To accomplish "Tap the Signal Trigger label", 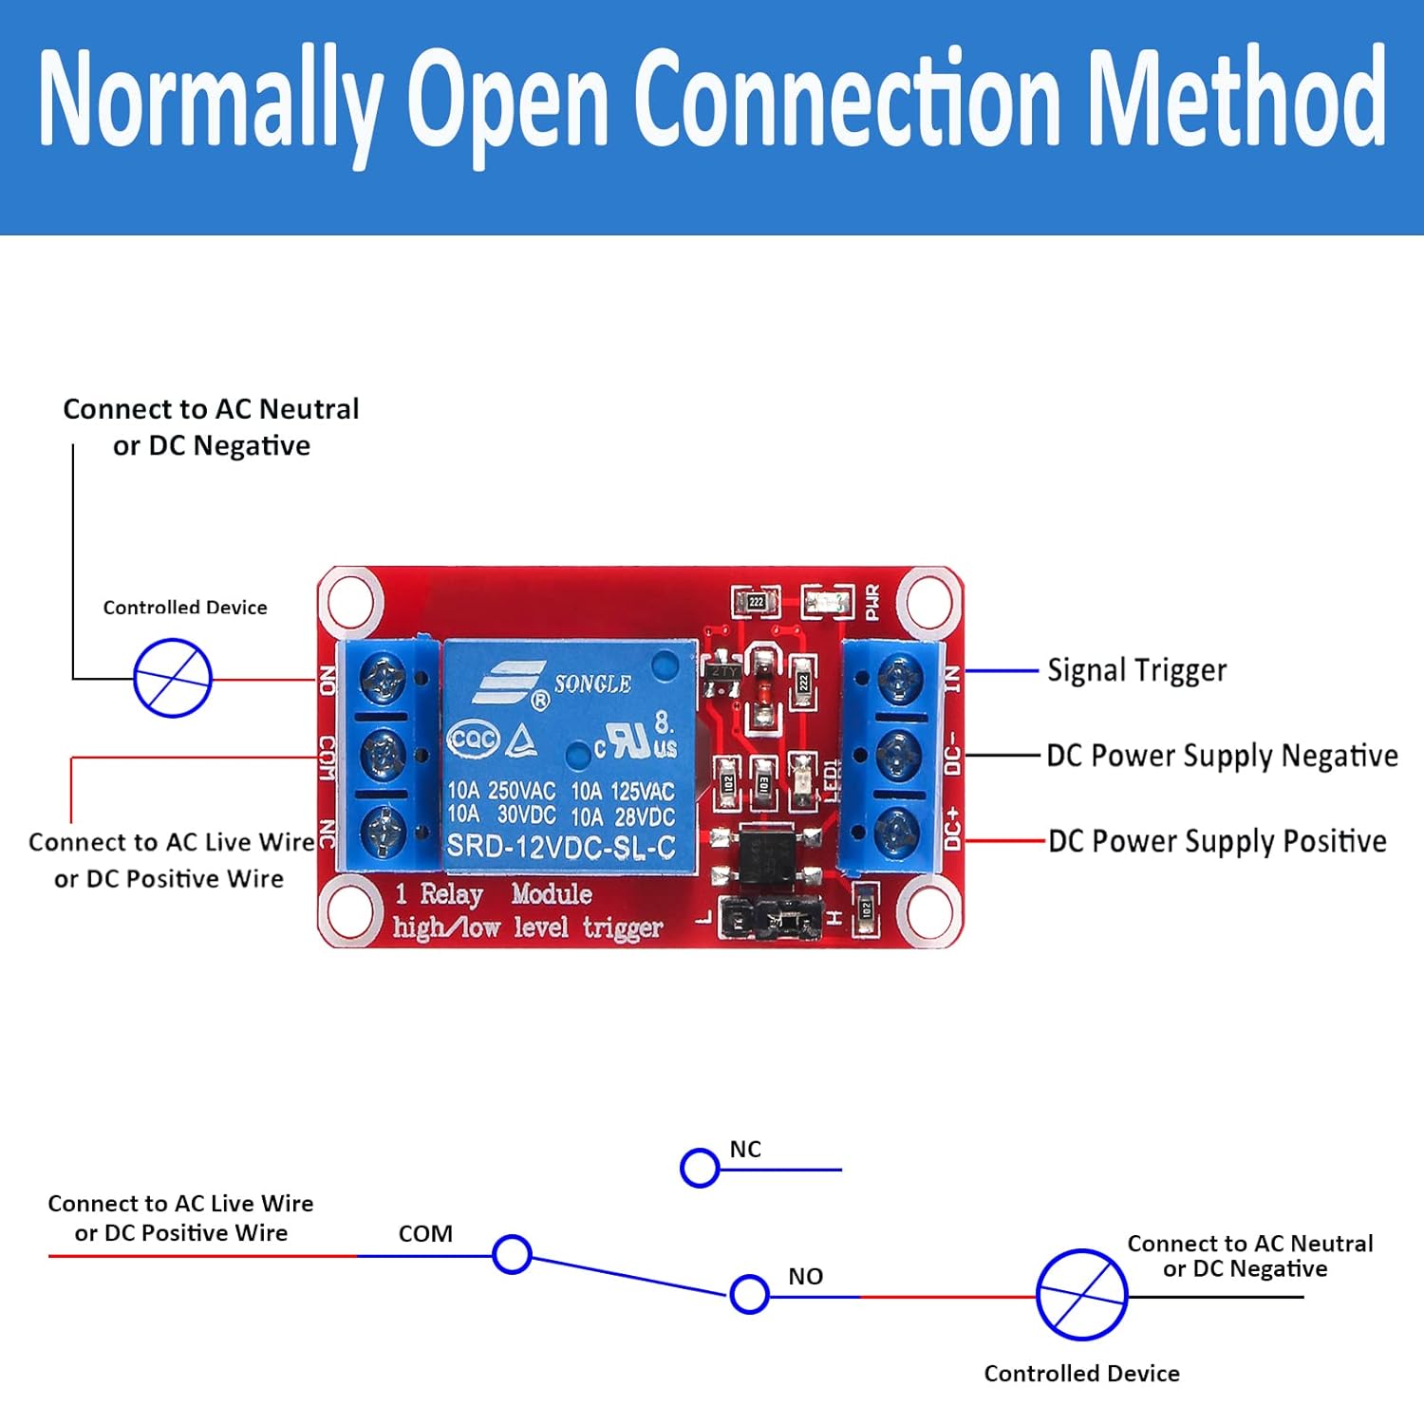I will (x=1136, y=670).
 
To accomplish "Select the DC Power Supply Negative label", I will (x=1222, y=756).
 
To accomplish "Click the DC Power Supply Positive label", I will (x=1217, y=841).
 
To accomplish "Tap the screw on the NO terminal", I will (x=384, y=677).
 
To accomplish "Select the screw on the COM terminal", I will (x=384, y=756).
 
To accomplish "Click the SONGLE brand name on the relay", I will (x=592, y=684).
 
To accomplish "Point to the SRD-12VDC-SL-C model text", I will (x=561, y=846).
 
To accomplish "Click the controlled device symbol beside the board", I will (x=172, y=678).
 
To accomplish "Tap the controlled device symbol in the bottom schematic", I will (x=1081, y=1295).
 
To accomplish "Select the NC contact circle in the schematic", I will (x=700, y=1168).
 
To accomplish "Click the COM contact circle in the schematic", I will (x=512, y=1254).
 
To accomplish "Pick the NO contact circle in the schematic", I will (x=749, y=1294).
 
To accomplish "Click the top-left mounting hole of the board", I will (x=351, y=600).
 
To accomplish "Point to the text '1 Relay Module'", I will (x=493, y=894).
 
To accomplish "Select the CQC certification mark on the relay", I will (x=472, y=740).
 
